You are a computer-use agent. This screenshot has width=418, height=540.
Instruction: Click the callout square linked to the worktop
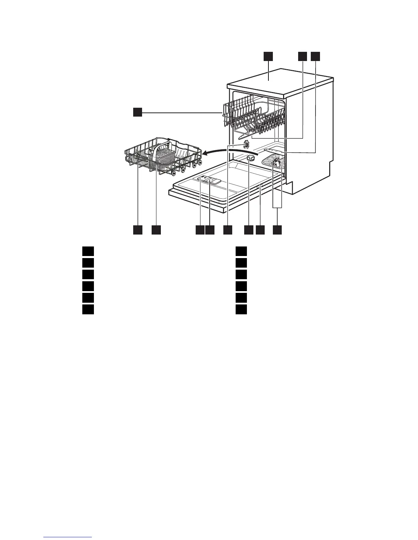click(268, 56)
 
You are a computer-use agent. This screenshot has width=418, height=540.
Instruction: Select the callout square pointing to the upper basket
click(137, 112)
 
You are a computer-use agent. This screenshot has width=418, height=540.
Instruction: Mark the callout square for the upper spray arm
click(302, 56)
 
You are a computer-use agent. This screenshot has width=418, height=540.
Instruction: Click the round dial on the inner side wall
click(245, 146)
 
